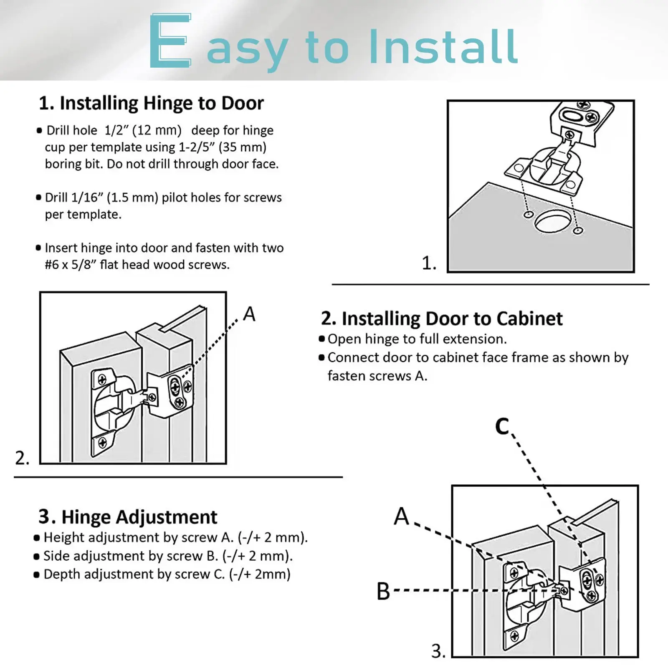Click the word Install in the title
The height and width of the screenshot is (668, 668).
(x=443, y=47)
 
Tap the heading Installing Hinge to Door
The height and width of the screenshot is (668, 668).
(x=151, y=103)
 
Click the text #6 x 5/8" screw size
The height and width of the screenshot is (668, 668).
(x=71, y=265)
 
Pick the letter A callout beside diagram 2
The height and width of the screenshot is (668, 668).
(x=249, y=314)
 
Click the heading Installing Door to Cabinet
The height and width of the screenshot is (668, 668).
(x=442, y=319)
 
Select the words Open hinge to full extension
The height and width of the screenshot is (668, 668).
(x=417, y=339)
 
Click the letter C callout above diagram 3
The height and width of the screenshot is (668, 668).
(x=502, y=426)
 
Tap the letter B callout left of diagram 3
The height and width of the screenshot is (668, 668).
(x=383, y=592)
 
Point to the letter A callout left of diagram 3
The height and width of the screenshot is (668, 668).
(x=402, y=516)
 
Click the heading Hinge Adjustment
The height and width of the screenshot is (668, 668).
(x=128, y=517)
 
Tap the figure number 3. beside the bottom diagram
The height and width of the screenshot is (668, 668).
(x=438, y=651)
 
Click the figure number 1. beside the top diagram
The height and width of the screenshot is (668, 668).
(x=429, y=263)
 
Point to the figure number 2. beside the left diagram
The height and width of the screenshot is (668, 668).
(x=22, y=458)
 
